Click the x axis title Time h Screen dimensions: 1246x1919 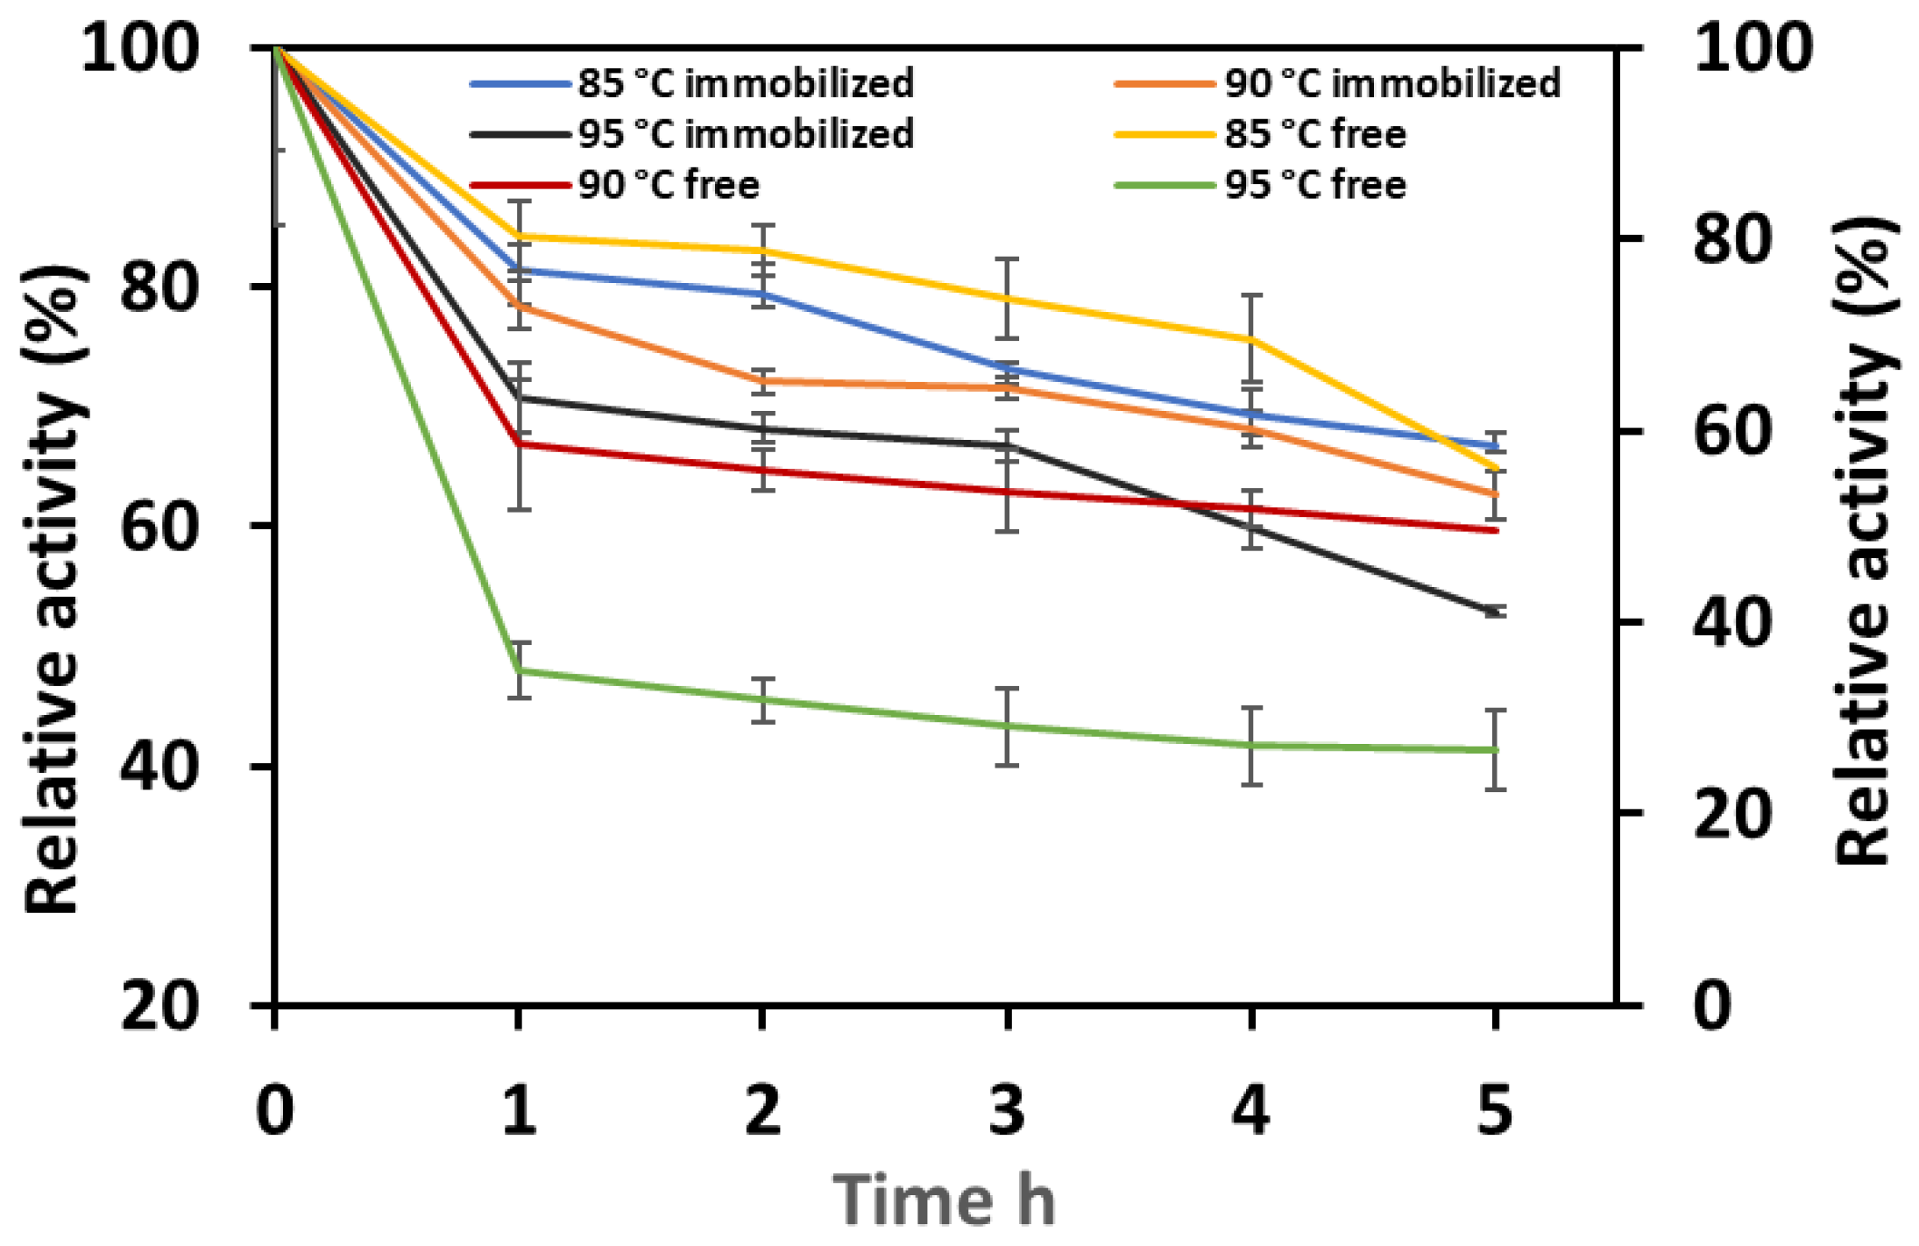coord(945,1200)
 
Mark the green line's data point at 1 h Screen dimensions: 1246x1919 coord(520,671)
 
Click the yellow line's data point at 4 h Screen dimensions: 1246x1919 coord(1252,338)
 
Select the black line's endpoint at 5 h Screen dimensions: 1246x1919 coord(1495,612)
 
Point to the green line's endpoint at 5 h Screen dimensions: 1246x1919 coord(1495,750)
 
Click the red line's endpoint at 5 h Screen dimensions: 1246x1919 coord(1495,530)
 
